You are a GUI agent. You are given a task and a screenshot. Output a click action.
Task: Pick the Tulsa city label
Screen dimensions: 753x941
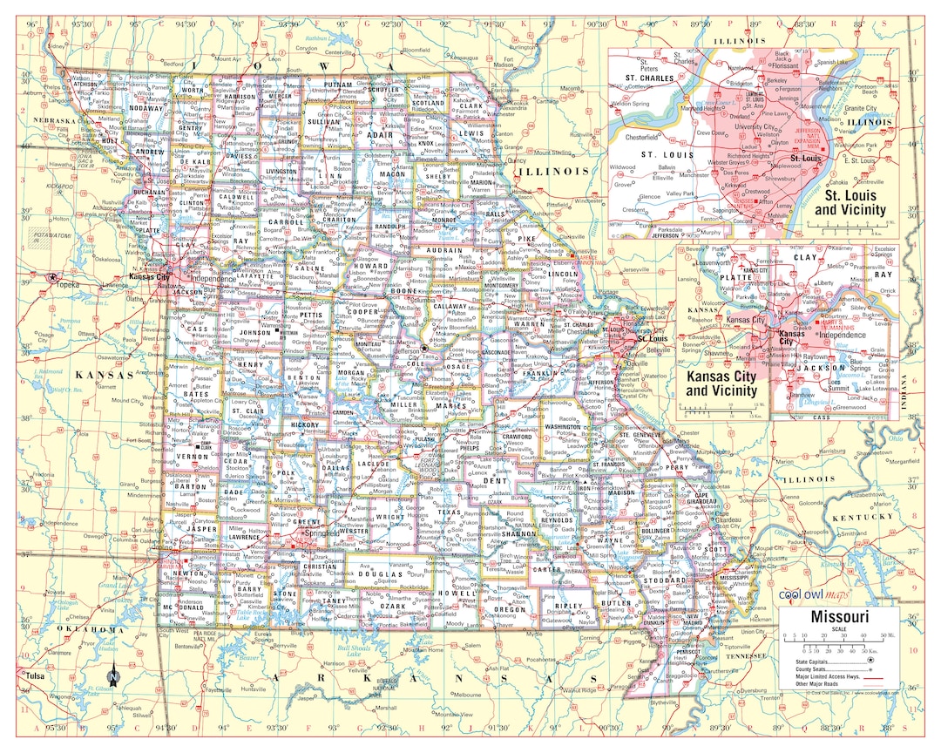click(34, 676)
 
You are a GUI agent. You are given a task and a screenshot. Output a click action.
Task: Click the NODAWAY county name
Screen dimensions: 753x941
click(142, 108)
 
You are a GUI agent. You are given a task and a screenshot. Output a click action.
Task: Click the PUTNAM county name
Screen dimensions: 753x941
click(336, 85)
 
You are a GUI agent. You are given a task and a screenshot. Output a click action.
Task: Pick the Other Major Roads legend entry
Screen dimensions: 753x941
click(823, 684)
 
